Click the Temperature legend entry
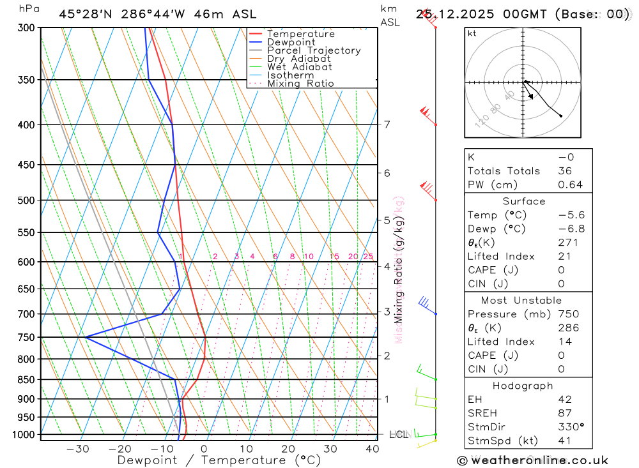point(300,34)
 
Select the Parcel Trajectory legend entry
point(314,50)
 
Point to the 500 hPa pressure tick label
point(26,200)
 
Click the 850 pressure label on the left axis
point(26,380)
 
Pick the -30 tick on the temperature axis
point(77,449)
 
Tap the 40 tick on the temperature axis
point(372,449)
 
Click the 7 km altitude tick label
point(387,124)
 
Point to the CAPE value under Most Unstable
point(562,356)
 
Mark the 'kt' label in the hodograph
point(472,34)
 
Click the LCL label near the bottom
point(399,435)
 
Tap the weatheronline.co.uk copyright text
point(532,460)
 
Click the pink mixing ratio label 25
point(368,257)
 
